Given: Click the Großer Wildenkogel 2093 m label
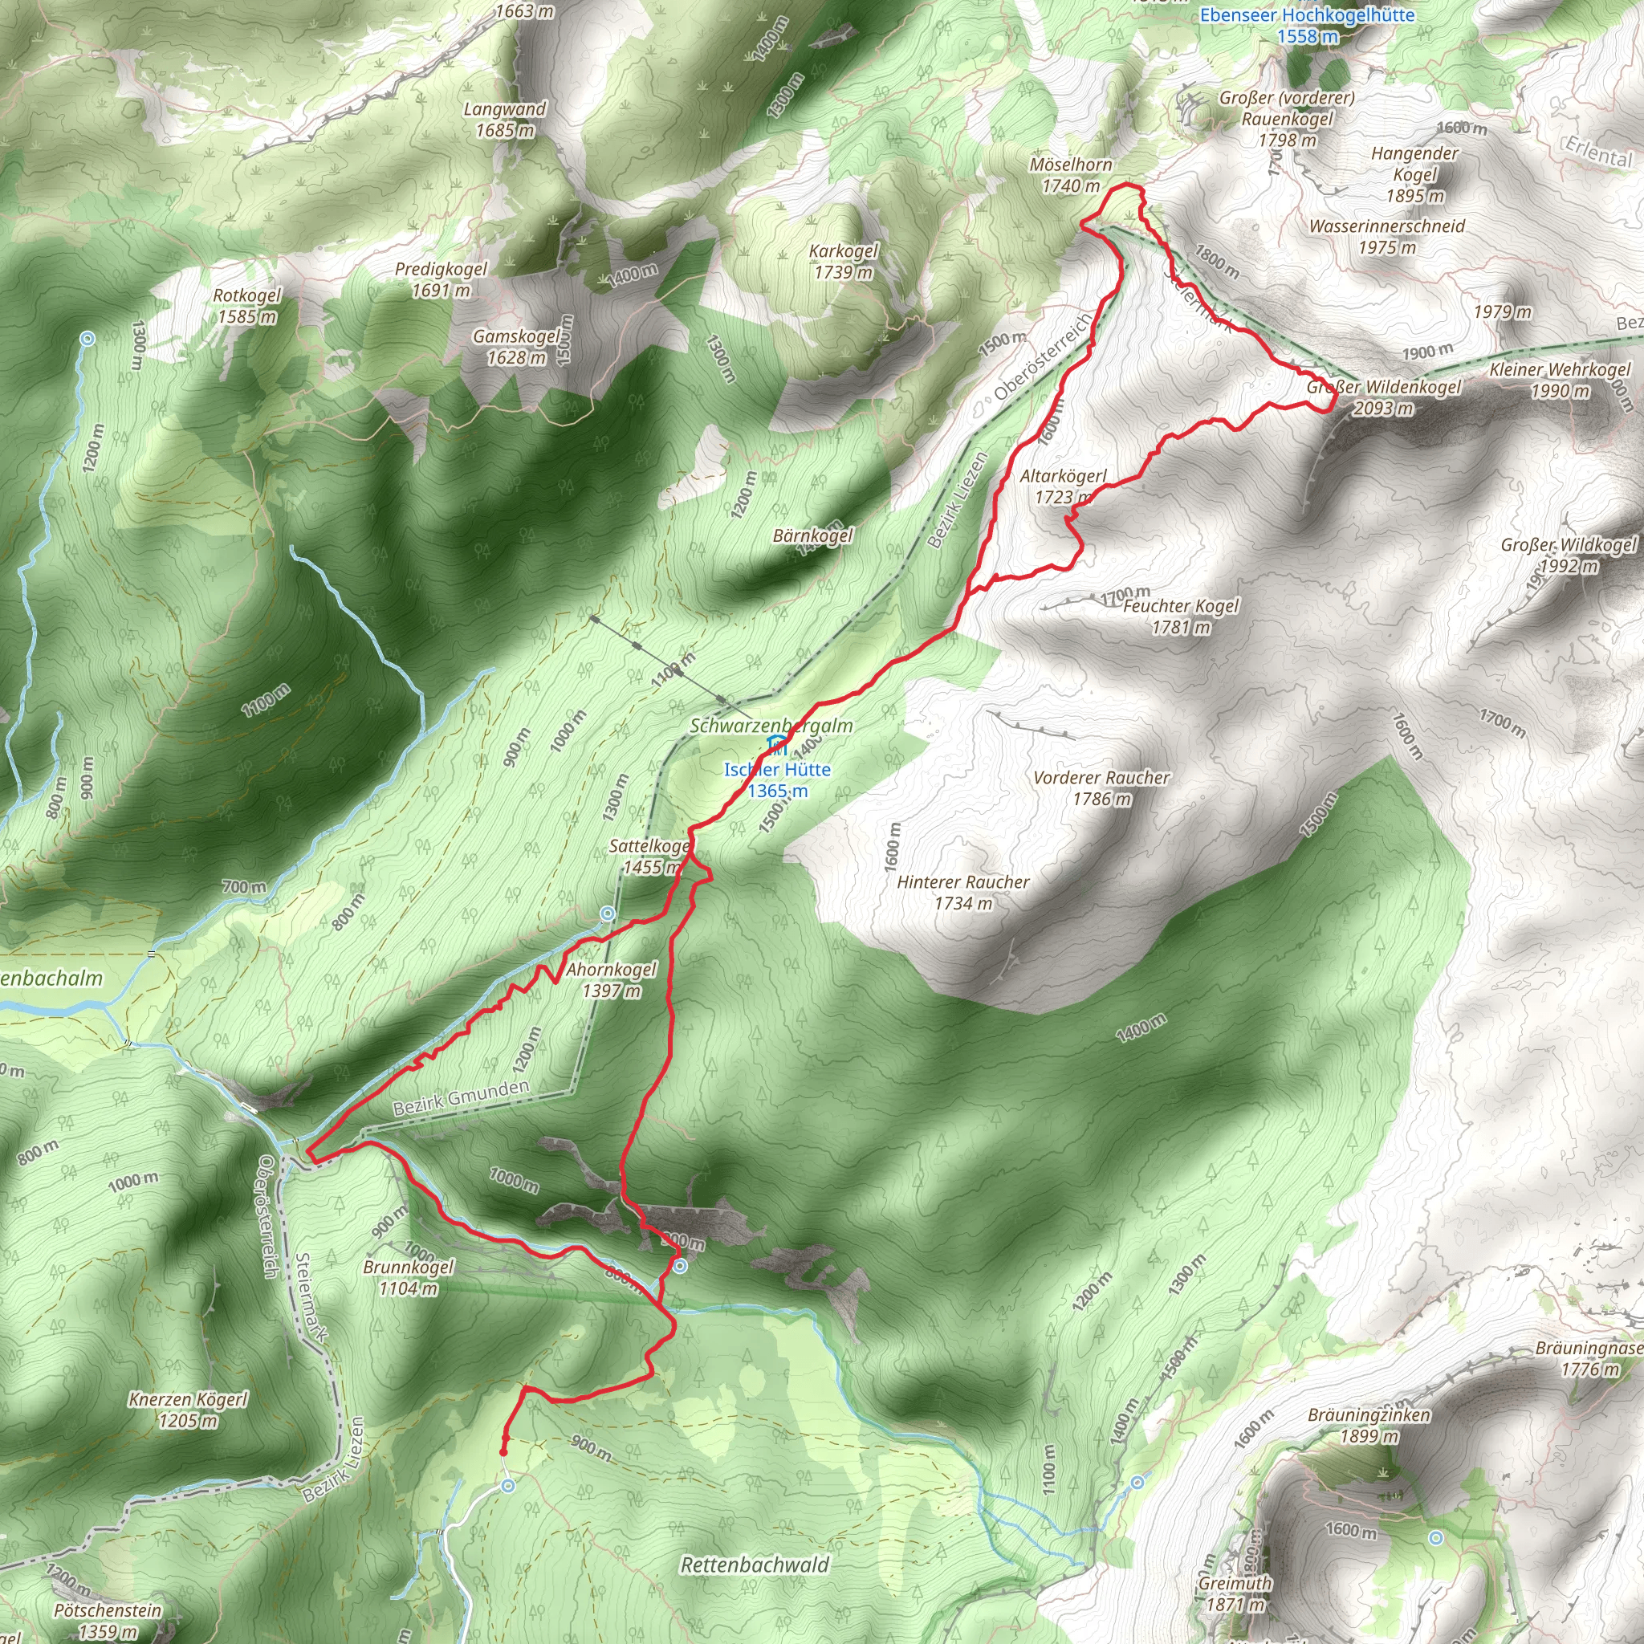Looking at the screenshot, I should pos(1384,397).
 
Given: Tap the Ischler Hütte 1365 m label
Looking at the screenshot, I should pos(777,779).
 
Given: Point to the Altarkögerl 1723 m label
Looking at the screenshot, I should pos(1063,486).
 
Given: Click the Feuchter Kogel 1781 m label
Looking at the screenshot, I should pos(1180,616).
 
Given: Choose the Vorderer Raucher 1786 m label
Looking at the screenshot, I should pos(1101,787).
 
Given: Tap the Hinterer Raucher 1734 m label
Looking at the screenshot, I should pos(962,892).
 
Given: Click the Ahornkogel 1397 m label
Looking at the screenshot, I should pos(611,979).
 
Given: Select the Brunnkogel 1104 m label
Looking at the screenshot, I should pos(409,1277).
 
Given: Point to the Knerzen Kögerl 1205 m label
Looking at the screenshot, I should pos(188,1409).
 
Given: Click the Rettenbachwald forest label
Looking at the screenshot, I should pos(755,1564).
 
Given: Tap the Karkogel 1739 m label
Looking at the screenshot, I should pos(844,261).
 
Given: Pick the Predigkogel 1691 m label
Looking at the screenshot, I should pos(441,279).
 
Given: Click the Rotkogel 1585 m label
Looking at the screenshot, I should pos(246,306).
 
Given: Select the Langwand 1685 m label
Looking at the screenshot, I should pos(505,119).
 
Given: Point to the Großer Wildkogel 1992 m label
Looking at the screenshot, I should pos(1569,555).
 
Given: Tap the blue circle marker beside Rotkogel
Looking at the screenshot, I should pos(87,339).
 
